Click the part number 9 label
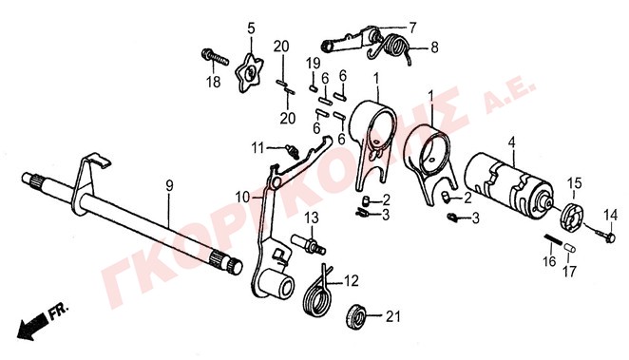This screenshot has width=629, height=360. pyautogui.click(x=169, y=186)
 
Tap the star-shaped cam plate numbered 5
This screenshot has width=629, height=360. pyautogui.click(x=249, y=72)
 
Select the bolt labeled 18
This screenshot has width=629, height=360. pyautogui.click(x=214, y=58)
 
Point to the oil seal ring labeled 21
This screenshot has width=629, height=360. pyautogui.click(x=355, y=316)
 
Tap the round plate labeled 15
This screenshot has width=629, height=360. pyautogui.click(x=571, y=217)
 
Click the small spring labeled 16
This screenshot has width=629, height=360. pyautogui.click(x=554, y=241)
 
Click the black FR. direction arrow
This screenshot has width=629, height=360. pyautogui.click(x=33, y=323)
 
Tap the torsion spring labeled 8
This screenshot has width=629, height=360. pyautogui.click(x=391, y=47)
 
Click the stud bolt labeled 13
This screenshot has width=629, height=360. pyautogui.click(x=309, y=243)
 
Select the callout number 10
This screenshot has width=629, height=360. pyautogui.click(x=242, y=197)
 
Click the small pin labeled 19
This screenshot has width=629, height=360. pyautogui.click(x=313, y=87)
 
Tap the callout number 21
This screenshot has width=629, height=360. pyautogui.click(x=393, y=316)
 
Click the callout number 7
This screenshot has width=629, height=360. pyautogui.click(x=412, y=28)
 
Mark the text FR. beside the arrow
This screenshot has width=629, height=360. pyautogui.click(x=59, y=310)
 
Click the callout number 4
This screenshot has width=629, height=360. pyautogui.click(x=511, y=142)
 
